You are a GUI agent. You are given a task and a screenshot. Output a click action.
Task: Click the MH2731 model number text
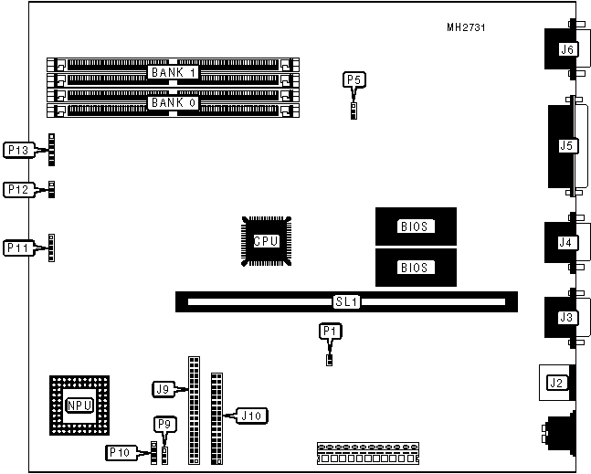(x=466, y=28)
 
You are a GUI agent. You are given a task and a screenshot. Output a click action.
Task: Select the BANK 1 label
(x=174, y=72)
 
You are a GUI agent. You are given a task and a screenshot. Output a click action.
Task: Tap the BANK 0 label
(x=174, y=102)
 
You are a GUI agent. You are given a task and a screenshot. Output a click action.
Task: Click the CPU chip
(x=266, y=241)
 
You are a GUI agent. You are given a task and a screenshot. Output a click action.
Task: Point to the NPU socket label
(x=79, y=406)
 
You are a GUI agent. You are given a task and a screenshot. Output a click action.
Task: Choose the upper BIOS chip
(x=416, y=226)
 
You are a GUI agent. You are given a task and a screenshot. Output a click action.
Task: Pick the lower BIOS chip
(x=416, y=269)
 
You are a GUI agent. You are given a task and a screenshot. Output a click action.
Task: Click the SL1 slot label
(x=344, y=300)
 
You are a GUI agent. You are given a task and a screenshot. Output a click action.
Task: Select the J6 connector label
(x=566, y=49)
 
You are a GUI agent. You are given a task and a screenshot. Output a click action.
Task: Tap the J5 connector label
(x=566, y=145)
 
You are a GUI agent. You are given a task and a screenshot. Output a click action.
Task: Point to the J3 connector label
(x=566, y=317)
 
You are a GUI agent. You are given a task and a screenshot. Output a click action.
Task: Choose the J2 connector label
(x=555, y=382)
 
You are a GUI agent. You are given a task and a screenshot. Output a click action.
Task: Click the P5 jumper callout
(x=354, y=80)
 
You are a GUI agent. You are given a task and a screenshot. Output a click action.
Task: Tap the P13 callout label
(x=19, y=149)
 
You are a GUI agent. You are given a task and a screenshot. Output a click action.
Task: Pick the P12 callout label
(x=19, y=189)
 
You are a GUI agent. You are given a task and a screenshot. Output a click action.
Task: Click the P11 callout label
(x=19, y=248)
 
